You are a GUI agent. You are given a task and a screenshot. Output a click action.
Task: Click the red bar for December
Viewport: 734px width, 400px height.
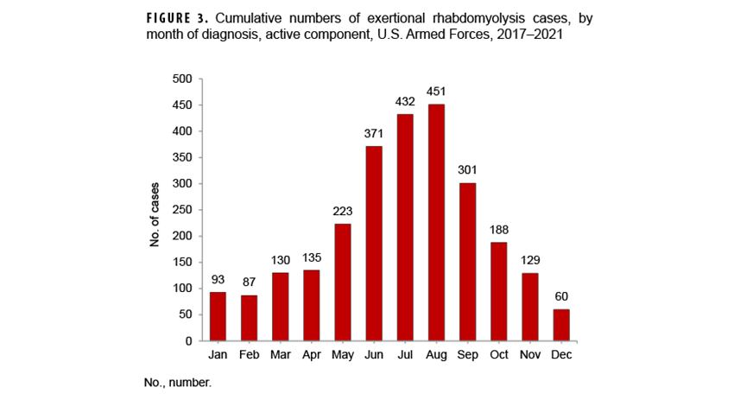561,325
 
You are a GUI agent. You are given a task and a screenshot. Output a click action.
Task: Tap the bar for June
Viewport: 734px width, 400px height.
374,243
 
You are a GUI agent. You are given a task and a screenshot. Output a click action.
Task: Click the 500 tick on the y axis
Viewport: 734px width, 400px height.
181,79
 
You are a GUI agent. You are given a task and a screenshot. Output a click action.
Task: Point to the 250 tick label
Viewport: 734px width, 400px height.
181,210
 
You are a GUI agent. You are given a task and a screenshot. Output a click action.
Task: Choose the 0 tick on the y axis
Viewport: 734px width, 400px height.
188,341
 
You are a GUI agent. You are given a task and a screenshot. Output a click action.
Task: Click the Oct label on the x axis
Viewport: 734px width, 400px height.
499,356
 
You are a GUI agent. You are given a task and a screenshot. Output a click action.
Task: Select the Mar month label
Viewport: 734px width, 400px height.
280,356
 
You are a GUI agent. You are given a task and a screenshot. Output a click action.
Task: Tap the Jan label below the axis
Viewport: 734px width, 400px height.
218,356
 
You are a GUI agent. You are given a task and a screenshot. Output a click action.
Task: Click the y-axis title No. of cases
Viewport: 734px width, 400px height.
156,210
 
